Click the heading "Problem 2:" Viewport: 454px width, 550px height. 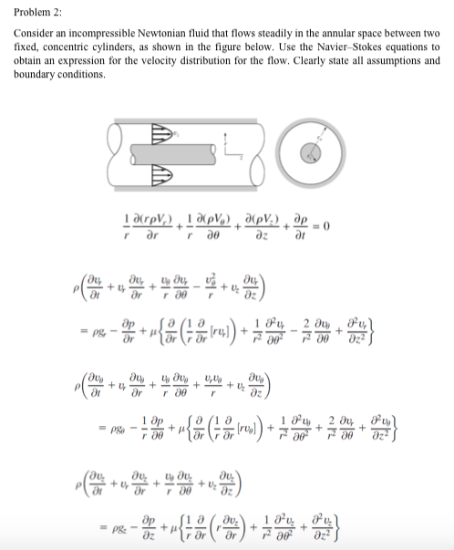point(34,10)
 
